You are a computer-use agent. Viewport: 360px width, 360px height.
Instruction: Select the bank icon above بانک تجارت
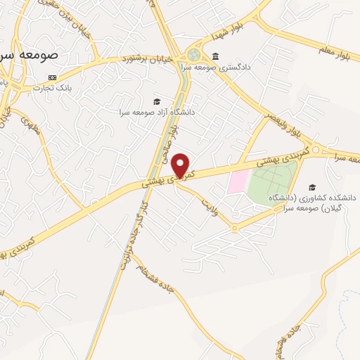point(51,77)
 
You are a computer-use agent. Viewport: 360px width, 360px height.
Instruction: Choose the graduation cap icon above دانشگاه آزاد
point(157,101)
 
